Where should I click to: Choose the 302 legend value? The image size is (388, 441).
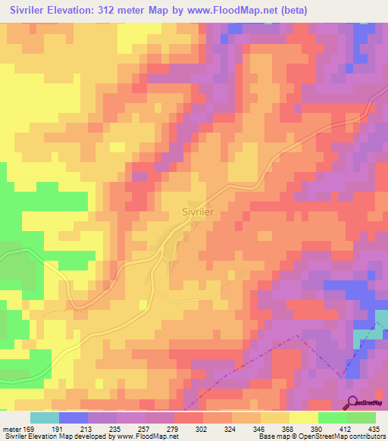[x=204, y=428]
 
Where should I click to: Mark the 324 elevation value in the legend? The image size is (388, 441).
[x=232, y=428]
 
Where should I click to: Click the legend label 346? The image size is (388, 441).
[x=260, y=428]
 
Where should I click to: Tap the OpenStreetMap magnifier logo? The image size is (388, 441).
[x=352, y=402]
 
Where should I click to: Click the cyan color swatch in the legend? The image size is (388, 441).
[x=44, y=418]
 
